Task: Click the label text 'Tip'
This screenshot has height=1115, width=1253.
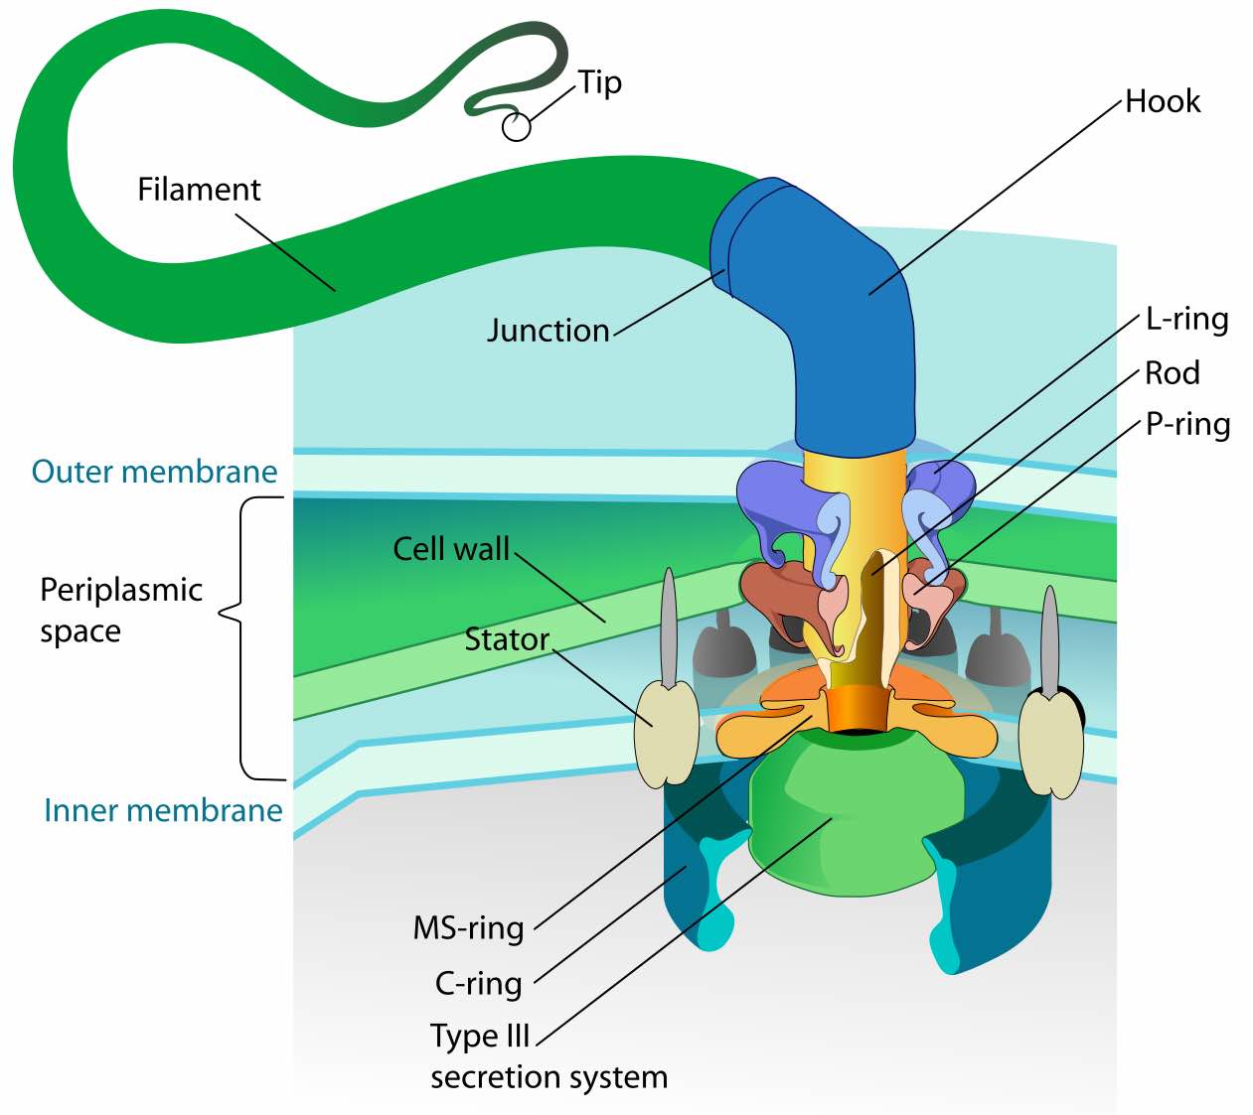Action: pos(600,82)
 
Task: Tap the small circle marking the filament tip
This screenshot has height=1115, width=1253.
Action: pos(516,126)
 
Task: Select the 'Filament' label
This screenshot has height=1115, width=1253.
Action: pos(199,189)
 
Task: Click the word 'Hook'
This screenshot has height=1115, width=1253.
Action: pos(1163,101)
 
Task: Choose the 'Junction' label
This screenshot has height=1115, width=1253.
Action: pos(548,330)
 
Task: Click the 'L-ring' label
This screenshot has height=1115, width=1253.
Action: pos(1186,319)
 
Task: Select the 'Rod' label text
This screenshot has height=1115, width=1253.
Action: pos(1173,372)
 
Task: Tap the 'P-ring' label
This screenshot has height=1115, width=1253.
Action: pos(1187,424)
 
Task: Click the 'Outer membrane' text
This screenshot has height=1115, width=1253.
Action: pos(154,471)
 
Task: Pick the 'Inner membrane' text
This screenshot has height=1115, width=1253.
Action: pos(163,810)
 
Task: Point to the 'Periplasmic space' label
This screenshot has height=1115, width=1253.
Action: pos(120,610)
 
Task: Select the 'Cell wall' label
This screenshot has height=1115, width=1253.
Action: pos(451,548)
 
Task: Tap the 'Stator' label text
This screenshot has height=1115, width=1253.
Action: pos(507,639)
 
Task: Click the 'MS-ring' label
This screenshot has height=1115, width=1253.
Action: pos(468,927)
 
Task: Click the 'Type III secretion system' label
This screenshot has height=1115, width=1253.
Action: pos(548,1055)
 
